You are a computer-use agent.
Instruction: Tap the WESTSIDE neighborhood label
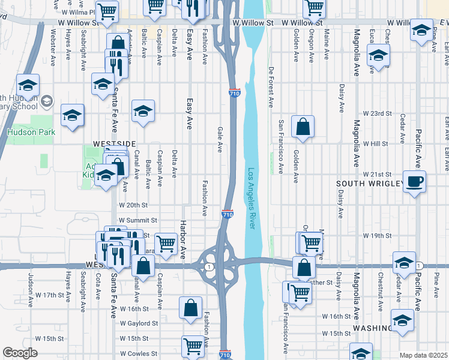pyautogui.click(x=115, y=144)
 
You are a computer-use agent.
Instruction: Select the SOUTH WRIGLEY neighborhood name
pyautogui.click(x=367, y=183)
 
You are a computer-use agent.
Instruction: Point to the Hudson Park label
pyautogui.click(x=31, y=132)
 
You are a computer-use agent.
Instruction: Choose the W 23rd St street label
pyautogui.click(x=377, y=113)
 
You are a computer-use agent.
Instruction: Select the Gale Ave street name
pyautogui.click(x=220, y=138)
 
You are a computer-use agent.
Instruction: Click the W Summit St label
pyautogui.click(x=137, y=221)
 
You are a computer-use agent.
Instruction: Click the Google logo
pyautogui.click(x=20, y=353)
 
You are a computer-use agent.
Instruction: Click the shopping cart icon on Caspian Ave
pyautogui.click(x=166, y=242)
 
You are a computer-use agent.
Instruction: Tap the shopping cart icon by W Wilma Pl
pyautogui.click(x=107, y=10)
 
